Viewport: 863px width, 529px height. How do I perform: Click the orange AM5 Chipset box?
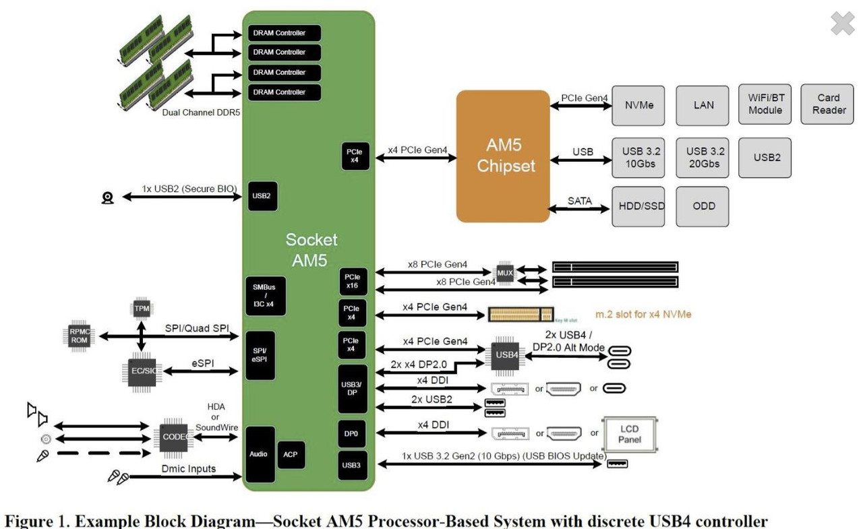(x=503, y=156)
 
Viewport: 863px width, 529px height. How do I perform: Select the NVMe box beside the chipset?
(x=638, y=105)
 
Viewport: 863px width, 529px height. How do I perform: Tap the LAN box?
(x=703, y=105)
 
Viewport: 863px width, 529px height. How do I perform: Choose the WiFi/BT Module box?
(x=765, y=104)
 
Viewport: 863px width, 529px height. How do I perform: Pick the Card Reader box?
(x=829, y=104)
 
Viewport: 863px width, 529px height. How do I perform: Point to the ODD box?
(x=703, y=206)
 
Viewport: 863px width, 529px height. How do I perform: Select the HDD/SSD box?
(x=638, y=206)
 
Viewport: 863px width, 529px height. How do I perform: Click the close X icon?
(x=843, y=24)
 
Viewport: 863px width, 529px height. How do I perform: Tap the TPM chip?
(x=142, y=309)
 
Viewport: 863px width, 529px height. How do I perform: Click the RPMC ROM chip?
(x=80, y=336)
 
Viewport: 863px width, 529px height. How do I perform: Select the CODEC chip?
(x=174, y=437)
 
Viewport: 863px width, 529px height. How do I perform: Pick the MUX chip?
(x=504, y=273)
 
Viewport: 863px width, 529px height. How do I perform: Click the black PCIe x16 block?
(x=353, y=282)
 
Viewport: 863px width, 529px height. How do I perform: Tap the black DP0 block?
(x=351, y=434)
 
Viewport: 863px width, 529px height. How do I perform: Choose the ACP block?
(x=291, y=454)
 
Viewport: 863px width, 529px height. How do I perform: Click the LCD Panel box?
(x=629, y=435)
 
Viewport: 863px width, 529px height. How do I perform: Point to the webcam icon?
(x=108, y=197)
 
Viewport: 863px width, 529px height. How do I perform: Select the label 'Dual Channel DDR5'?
(x=201, y=113)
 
